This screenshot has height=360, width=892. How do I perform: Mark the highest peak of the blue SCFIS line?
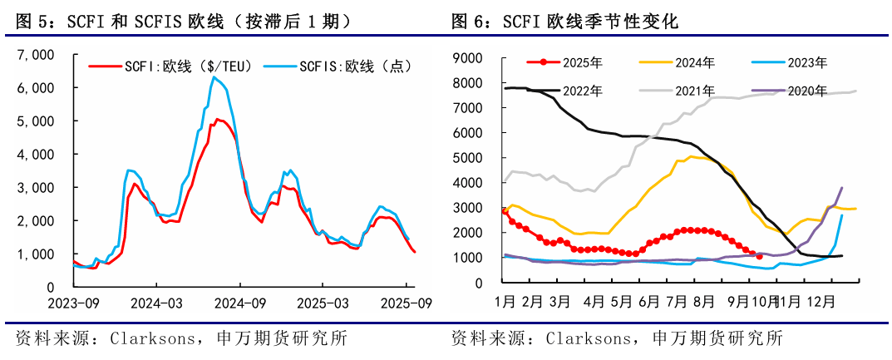pyautogui.click(x=214, y=77)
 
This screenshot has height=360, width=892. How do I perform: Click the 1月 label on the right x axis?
pyautogui.click(x=504, y=299)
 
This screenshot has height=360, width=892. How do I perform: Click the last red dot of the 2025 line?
pyautogui.click(x=759, y=256)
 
